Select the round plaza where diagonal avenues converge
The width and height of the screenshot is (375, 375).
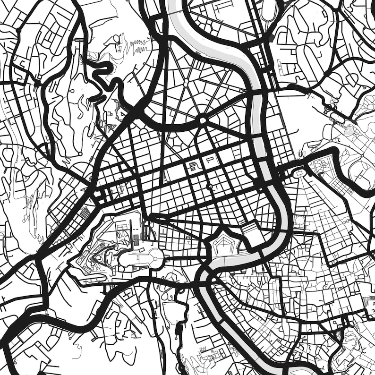pyautogui.click(x=203, y=120)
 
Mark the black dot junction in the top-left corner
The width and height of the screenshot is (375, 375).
pyautogui.click(x=18, y=31)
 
